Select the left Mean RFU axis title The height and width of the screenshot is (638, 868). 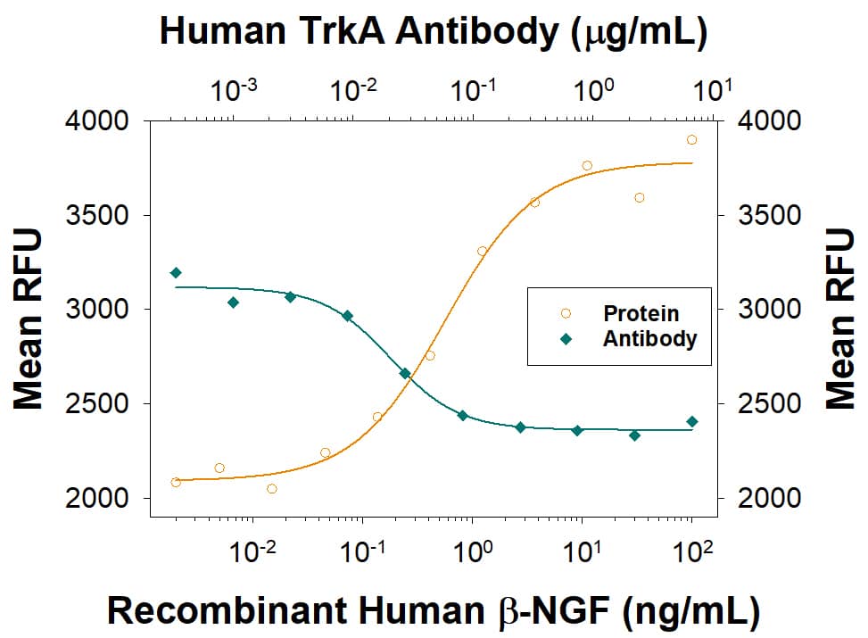29,319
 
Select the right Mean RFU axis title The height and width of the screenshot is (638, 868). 839,319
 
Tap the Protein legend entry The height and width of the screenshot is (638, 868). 640,314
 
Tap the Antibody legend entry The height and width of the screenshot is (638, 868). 649,339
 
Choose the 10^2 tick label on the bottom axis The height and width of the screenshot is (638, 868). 692,555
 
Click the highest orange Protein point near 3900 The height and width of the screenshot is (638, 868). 691,140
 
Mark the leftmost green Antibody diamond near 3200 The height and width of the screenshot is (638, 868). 176,272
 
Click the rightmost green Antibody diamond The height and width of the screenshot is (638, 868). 691,421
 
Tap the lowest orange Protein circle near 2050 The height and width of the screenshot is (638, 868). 272,488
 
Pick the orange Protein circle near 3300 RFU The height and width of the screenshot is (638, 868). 482,251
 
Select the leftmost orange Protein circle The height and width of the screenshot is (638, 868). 176,482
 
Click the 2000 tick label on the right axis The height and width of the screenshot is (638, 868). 765,498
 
